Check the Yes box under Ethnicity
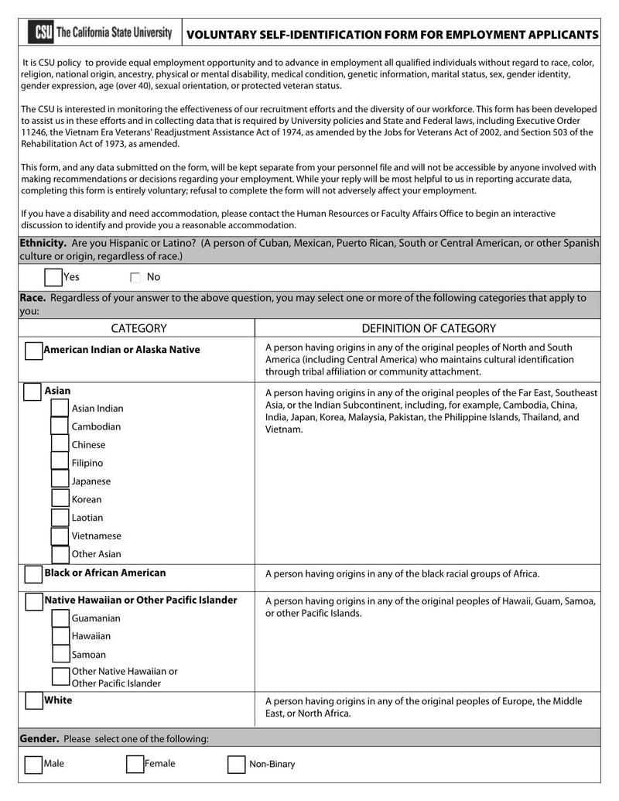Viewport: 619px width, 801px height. click(53, 277)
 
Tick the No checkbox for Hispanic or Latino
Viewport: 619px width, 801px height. click(135, 277)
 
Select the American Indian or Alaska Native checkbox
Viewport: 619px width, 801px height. click(33, 351)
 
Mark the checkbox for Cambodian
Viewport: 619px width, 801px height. click(60, 426)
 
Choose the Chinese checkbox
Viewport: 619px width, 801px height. click(60, 444)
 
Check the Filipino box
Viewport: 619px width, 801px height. click(60, 463)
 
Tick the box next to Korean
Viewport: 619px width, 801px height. click(60, 499)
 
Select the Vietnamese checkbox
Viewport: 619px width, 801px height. click(60, 536)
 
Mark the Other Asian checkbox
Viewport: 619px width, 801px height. click(60, 554)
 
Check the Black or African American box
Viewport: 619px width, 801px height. click(33, 574)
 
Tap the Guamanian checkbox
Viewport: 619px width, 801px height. click(60, 618)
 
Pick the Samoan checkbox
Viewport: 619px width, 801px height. click(60, 655)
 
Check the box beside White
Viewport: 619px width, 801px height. click(33, 701)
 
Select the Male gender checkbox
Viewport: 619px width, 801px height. click(33, 765)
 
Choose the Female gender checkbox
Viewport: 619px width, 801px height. click(135, 765)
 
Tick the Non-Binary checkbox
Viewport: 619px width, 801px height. click(236, 765)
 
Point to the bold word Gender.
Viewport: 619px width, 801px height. click(39, 738)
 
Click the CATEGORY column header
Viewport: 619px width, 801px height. click(139, 328)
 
